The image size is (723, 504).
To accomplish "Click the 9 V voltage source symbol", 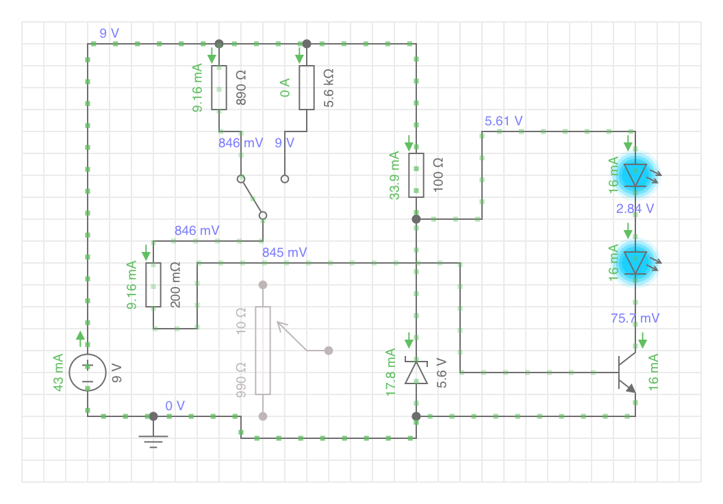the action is coord(88,372).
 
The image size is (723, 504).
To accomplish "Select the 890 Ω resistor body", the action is coord(219,88).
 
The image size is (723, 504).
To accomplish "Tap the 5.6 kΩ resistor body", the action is coord(307,88).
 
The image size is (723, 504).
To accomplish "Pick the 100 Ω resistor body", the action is coord(416,175).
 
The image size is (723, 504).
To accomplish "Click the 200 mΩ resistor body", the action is coord(153,285).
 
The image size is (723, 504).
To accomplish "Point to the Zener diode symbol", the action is coord(416,371).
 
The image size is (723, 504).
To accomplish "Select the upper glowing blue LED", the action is coord(636,175).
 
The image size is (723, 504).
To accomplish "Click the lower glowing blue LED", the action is coord(636,262).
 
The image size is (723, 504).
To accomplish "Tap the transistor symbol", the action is coord(627,373).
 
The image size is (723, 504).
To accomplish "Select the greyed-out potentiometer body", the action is coord(263,351).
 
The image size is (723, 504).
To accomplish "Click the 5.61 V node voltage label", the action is coord(503,121).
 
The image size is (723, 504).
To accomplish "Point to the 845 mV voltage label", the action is coord(285,253).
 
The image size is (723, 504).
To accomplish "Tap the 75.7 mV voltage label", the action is coord(635,318).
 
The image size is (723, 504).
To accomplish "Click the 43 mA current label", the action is coord(58,373).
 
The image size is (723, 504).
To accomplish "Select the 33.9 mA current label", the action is coord(394,175).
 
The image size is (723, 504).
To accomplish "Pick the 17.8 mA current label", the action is coord(390,372).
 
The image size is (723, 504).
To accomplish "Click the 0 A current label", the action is coord(285,88).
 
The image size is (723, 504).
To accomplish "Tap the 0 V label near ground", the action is coord(175,406).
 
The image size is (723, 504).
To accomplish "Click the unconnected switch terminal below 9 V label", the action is coord(285,179).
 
